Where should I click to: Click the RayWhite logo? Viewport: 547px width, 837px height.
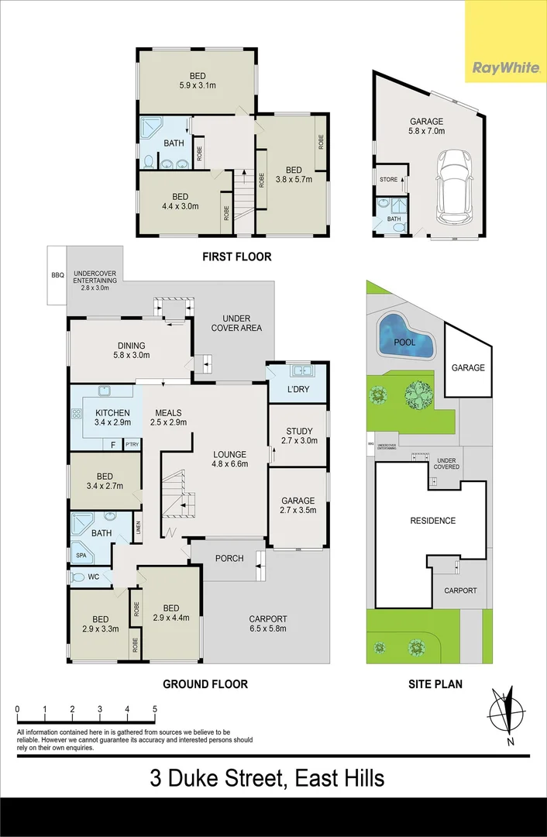(505, 68)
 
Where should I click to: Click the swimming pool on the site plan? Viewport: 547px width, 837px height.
(404, 339)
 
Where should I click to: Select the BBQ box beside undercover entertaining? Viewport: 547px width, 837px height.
(56, 275)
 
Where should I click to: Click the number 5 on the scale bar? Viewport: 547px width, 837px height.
(155, 709)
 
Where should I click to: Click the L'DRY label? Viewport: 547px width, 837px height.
(298, 389)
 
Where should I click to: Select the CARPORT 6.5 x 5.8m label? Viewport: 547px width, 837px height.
(267, 623)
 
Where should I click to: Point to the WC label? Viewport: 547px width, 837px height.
(93, 577)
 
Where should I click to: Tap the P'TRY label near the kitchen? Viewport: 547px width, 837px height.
(132, 444)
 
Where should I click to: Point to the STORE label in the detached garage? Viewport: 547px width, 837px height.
(388, 180)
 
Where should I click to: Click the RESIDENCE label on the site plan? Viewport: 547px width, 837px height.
(432, 521)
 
